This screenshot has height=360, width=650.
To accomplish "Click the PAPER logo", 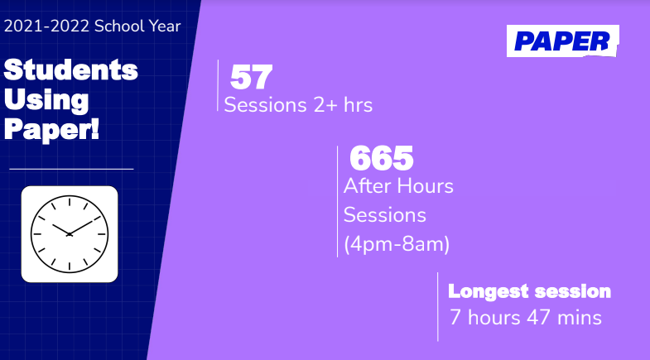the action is point(562,41).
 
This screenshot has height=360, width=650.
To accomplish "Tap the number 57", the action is point(251,77).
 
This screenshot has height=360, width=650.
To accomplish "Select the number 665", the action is point(382,158).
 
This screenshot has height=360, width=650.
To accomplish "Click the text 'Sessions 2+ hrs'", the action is point(298,105).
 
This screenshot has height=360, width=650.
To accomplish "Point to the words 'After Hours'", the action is point(398,185).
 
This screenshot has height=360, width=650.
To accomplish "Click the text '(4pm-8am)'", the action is point(397,244).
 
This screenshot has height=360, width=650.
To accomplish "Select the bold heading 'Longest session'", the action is point(529,291).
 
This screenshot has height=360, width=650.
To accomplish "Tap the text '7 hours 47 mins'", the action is point(526,318).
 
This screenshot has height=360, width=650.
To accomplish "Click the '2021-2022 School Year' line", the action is point(93,26).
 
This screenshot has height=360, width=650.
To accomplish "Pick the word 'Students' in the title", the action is point(71,70).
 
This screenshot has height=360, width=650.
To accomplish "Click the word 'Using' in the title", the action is point(46,100).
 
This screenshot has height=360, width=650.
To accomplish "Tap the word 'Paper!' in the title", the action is point(52,130).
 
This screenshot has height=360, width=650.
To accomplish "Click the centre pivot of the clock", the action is point(70,234).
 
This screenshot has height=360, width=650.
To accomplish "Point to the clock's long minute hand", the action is point(81,228).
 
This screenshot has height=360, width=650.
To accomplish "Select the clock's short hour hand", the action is point(61,229).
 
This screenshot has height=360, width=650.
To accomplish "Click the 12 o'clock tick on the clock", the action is point(70,202).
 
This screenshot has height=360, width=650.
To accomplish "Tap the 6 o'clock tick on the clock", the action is point(70,266).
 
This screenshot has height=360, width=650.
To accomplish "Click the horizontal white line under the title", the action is point(71,169).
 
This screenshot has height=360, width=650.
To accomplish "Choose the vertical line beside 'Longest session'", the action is point(438,307).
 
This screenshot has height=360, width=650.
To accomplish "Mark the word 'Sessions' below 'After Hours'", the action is point(385,215).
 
